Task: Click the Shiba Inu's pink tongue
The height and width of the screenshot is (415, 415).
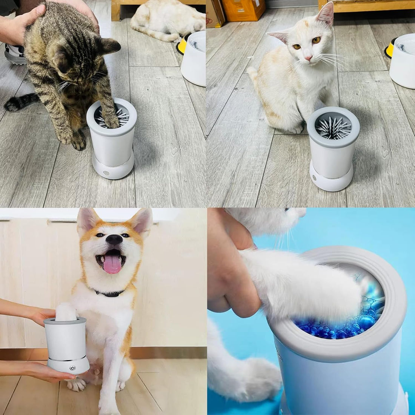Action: tap(112, 264)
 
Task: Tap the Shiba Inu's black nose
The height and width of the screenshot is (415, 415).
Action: tap(114, 239)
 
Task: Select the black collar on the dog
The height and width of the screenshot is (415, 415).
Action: tap(110, 293)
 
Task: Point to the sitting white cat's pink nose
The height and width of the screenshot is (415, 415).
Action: tap(308, 58)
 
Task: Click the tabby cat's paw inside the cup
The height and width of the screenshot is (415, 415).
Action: tap(111, 120)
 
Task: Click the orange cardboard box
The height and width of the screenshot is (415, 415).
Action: tap(243, 9)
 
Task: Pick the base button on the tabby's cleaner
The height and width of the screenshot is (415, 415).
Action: tap(106, 174)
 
